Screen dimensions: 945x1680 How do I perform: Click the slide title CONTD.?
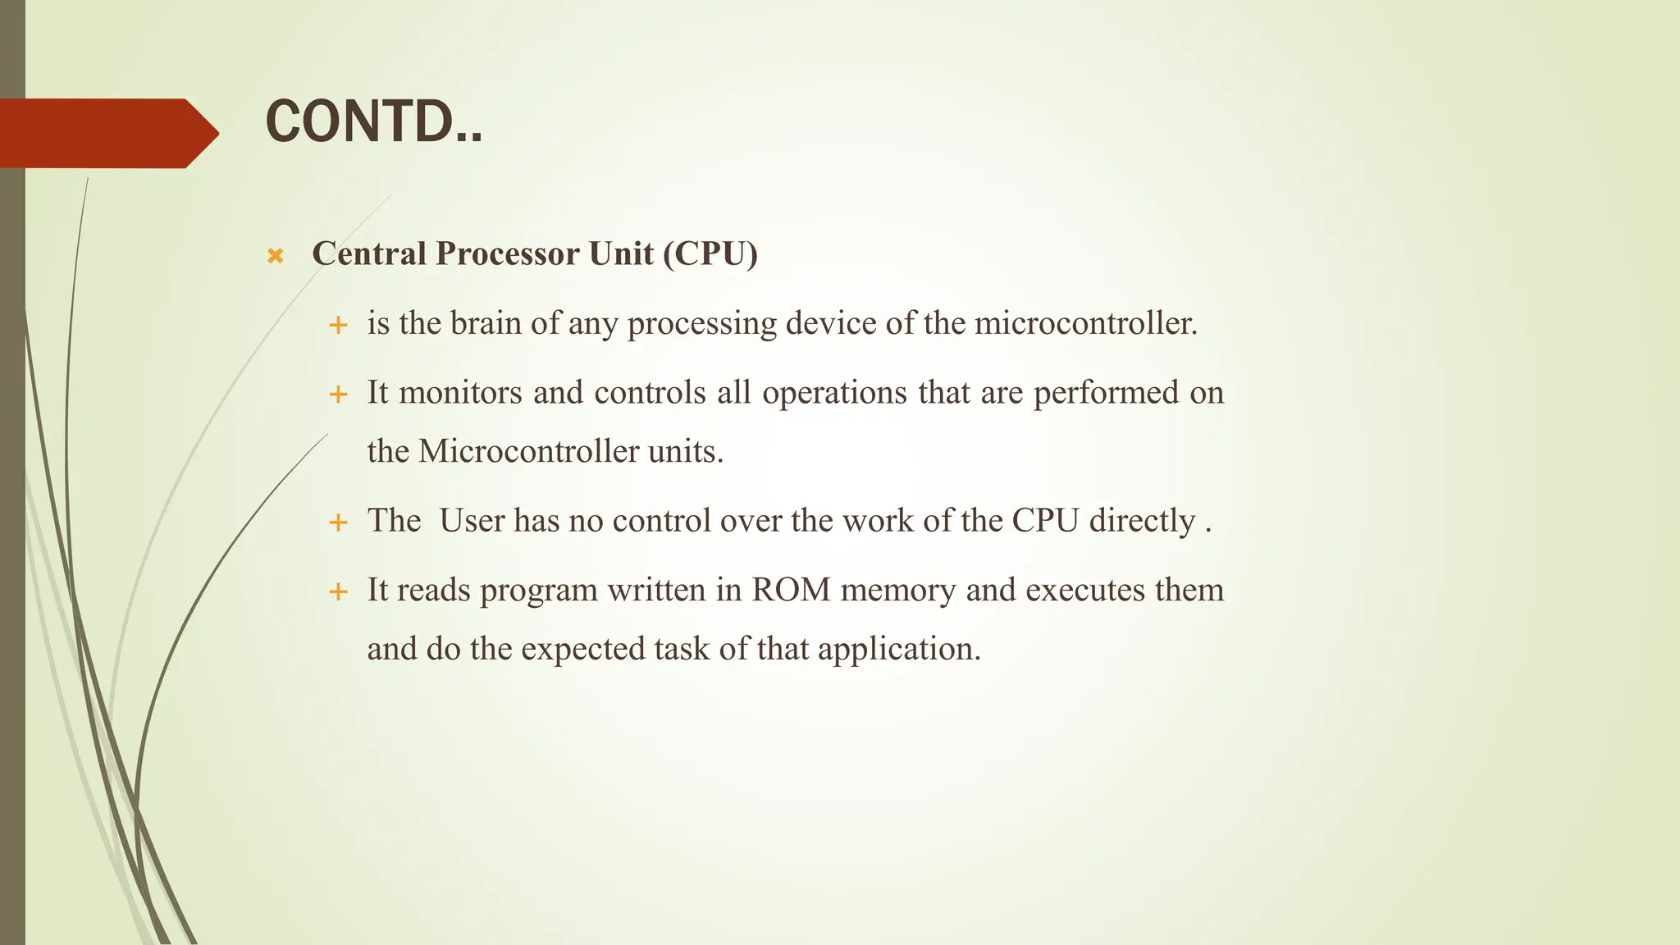374,121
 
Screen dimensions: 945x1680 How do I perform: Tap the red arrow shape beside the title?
107,133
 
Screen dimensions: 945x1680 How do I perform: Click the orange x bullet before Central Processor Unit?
276,256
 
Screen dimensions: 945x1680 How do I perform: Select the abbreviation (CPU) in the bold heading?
710,253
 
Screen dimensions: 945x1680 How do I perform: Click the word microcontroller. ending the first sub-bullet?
1086,323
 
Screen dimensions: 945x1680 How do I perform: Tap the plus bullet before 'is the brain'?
338,326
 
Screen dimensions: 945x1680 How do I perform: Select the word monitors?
460,392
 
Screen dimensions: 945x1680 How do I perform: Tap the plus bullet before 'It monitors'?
338,395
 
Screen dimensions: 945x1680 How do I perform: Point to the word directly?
1142,521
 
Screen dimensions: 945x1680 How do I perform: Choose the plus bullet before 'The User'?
338,523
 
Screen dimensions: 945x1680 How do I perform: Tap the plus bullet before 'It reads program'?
338,591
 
